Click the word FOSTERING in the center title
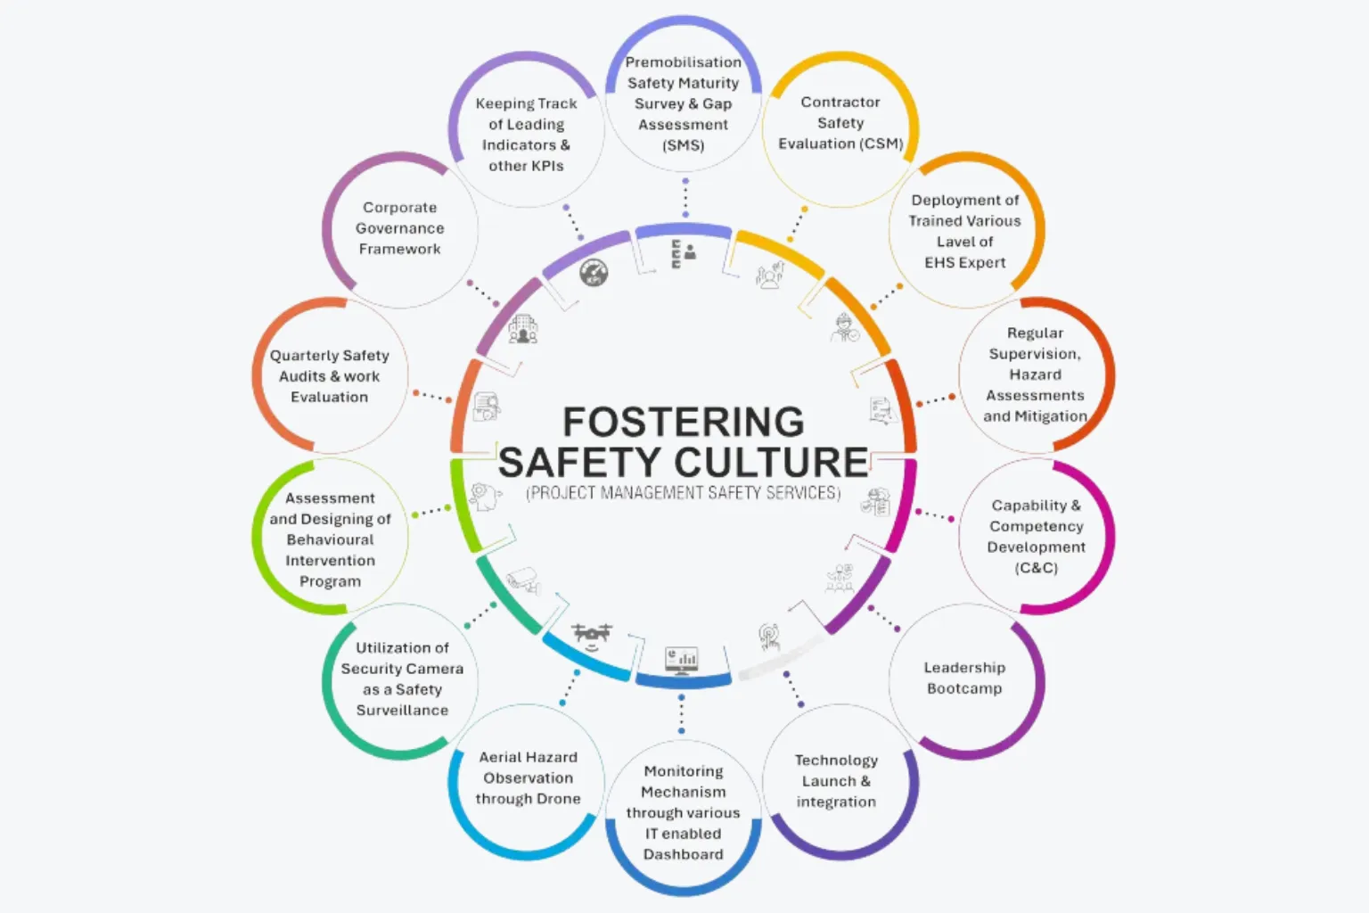pyautogui.click(x=684, y=422)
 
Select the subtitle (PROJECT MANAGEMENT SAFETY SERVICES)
pyautogui.click(x=684, y=493)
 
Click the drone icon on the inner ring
pyautogui.click(x=591, y=636)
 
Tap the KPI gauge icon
pyautogui.click(x=594, y=273)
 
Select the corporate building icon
pyautogui.click(x=523, y=329)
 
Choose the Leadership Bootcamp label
pyautogui.click(x=964, y=678)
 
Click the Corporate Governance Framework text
pyautogui.click(x=399, y=228)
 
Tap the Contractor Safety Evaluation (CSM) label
pyautogui.click(x=840, y=123)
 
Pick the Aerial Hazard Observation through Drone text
pyautogui.click(x=528, y=777)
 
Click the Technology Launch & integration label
pyautogui.click(x=836, y=781)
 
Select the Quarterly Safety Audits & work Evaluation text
pyautogui.click(x=330, y=376)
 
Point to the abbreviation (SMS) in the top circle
pyautogui.click(x=684, y=145)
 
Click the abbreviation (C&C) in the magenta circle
pyautogui.click(x=1036, y=568)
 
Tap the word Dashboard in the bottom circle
pyautogui.click(x=684, y=854)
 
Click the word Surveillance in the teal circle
pyautogui.click(x=402, y=710)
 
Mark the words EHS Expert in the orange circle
pyautogui.click(x=965, y=262)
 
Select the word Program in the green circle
pyautogui.click(x=330, y=581)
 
